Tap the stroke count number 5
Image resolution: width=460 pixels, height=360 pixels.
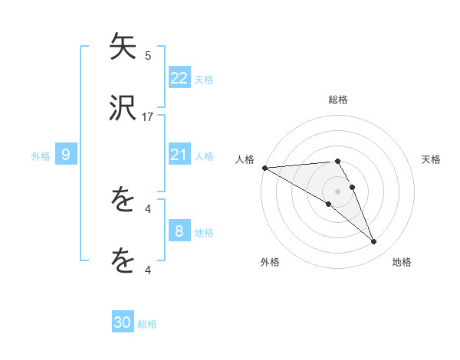(x=148, y=55)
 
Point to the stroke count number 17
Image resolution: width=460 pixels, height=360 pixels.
(x=148, y=117)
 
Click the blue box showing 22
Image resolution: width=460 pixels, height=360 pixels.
(x=179, y=77)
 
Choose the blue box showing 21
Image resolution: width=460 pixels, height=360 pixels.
(x=179, y=155)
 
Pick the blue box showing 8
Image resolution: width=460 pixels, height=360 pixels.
(x=179, y=231)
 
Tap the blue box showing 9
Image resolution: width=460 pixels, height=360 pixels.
(x=66, y=155)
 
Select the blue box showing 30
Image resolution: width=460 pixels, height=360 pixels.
(x=122, y=322)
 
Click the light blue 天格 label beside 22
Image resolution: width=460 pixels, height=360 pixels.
(x=204, y=79)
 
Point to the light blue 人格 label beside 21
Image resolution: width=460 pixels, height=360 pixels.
(x=204, y=156)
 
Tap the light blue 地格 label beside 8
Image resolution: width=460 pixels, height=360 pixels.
(x=204, y=233)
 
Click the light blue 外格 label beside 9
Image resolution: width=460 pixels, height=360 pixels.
(x=41, y=156)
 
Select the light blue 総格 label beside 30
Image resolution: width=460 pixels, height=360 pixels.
(x=147, y=324)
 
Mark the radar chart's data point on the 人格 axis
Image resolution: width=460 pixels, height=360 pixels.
(x=264, y=168)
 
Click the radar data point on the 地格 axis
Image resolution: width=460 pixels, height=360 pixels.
(x=373, y=242)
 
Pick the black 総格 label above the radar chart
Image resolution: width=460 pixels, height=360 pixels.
(x=337, y=100)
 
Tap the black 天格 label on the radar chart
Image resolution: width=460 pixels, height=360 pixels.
(x=432, y=159)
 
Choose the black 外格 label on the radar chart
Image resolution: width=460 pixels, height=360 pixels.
(x=270, y=262)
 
